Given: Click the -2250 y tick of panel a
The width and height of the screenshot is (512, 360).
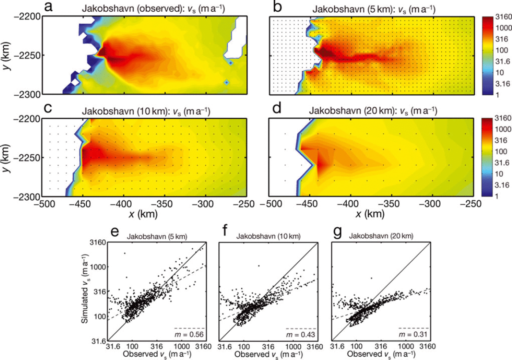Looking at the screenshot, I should coord(27,56).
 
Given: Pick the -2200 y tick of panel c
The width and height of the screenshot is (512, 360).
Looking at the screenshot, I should coord(27,119).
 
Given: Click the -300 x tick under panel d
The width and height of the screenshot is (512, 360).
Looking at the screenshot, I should coord(430,204).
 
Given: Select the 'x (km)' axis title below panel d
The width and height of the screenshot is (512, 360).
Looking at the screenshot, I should coord(370,214).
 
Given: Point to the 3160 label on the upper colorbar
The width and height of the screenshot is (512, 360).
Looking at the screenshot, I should coord(503,17).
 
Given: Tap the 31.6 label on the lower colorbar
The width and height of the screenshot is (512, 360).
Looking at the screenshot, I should coord(502,163).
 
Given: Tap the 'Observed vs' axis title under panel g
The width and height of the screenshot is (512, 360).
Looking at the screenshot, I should coord(381,354).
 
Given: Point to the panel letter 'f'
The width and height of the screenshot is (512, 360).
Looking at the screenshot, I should coord(225,231).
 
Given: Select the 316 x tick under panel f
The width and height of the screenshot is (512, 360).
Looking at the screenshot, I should coord(268,346).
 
